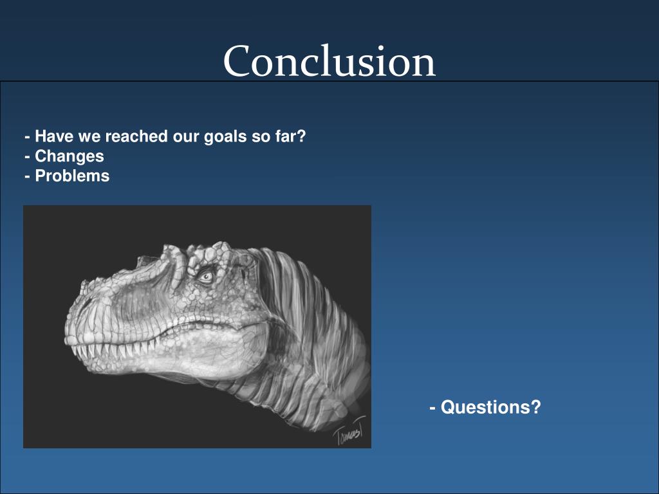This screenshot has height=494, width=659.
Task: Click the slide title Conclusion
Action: [329, 61]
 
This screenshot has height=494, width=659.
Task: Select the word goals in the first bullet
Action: [225, 137]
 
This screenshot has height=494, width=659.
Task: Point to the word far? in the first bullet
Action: [290, 136]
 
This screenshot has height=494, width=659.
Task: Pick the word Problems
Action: [72, 176]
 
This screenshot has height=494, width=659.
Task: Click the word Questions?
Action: [490, 407]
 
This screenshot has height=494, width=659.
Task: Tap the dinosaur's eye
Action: [206, 276]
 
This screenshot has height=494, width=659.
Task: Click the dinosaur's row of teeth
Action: [113, 349]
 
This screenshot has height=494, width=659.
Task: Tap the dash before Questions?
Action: [432, 407]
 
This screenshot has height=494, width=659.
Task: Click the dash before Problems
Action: [27, 176]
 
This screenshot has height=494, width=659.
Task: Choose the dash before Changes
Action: [27, 157]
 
